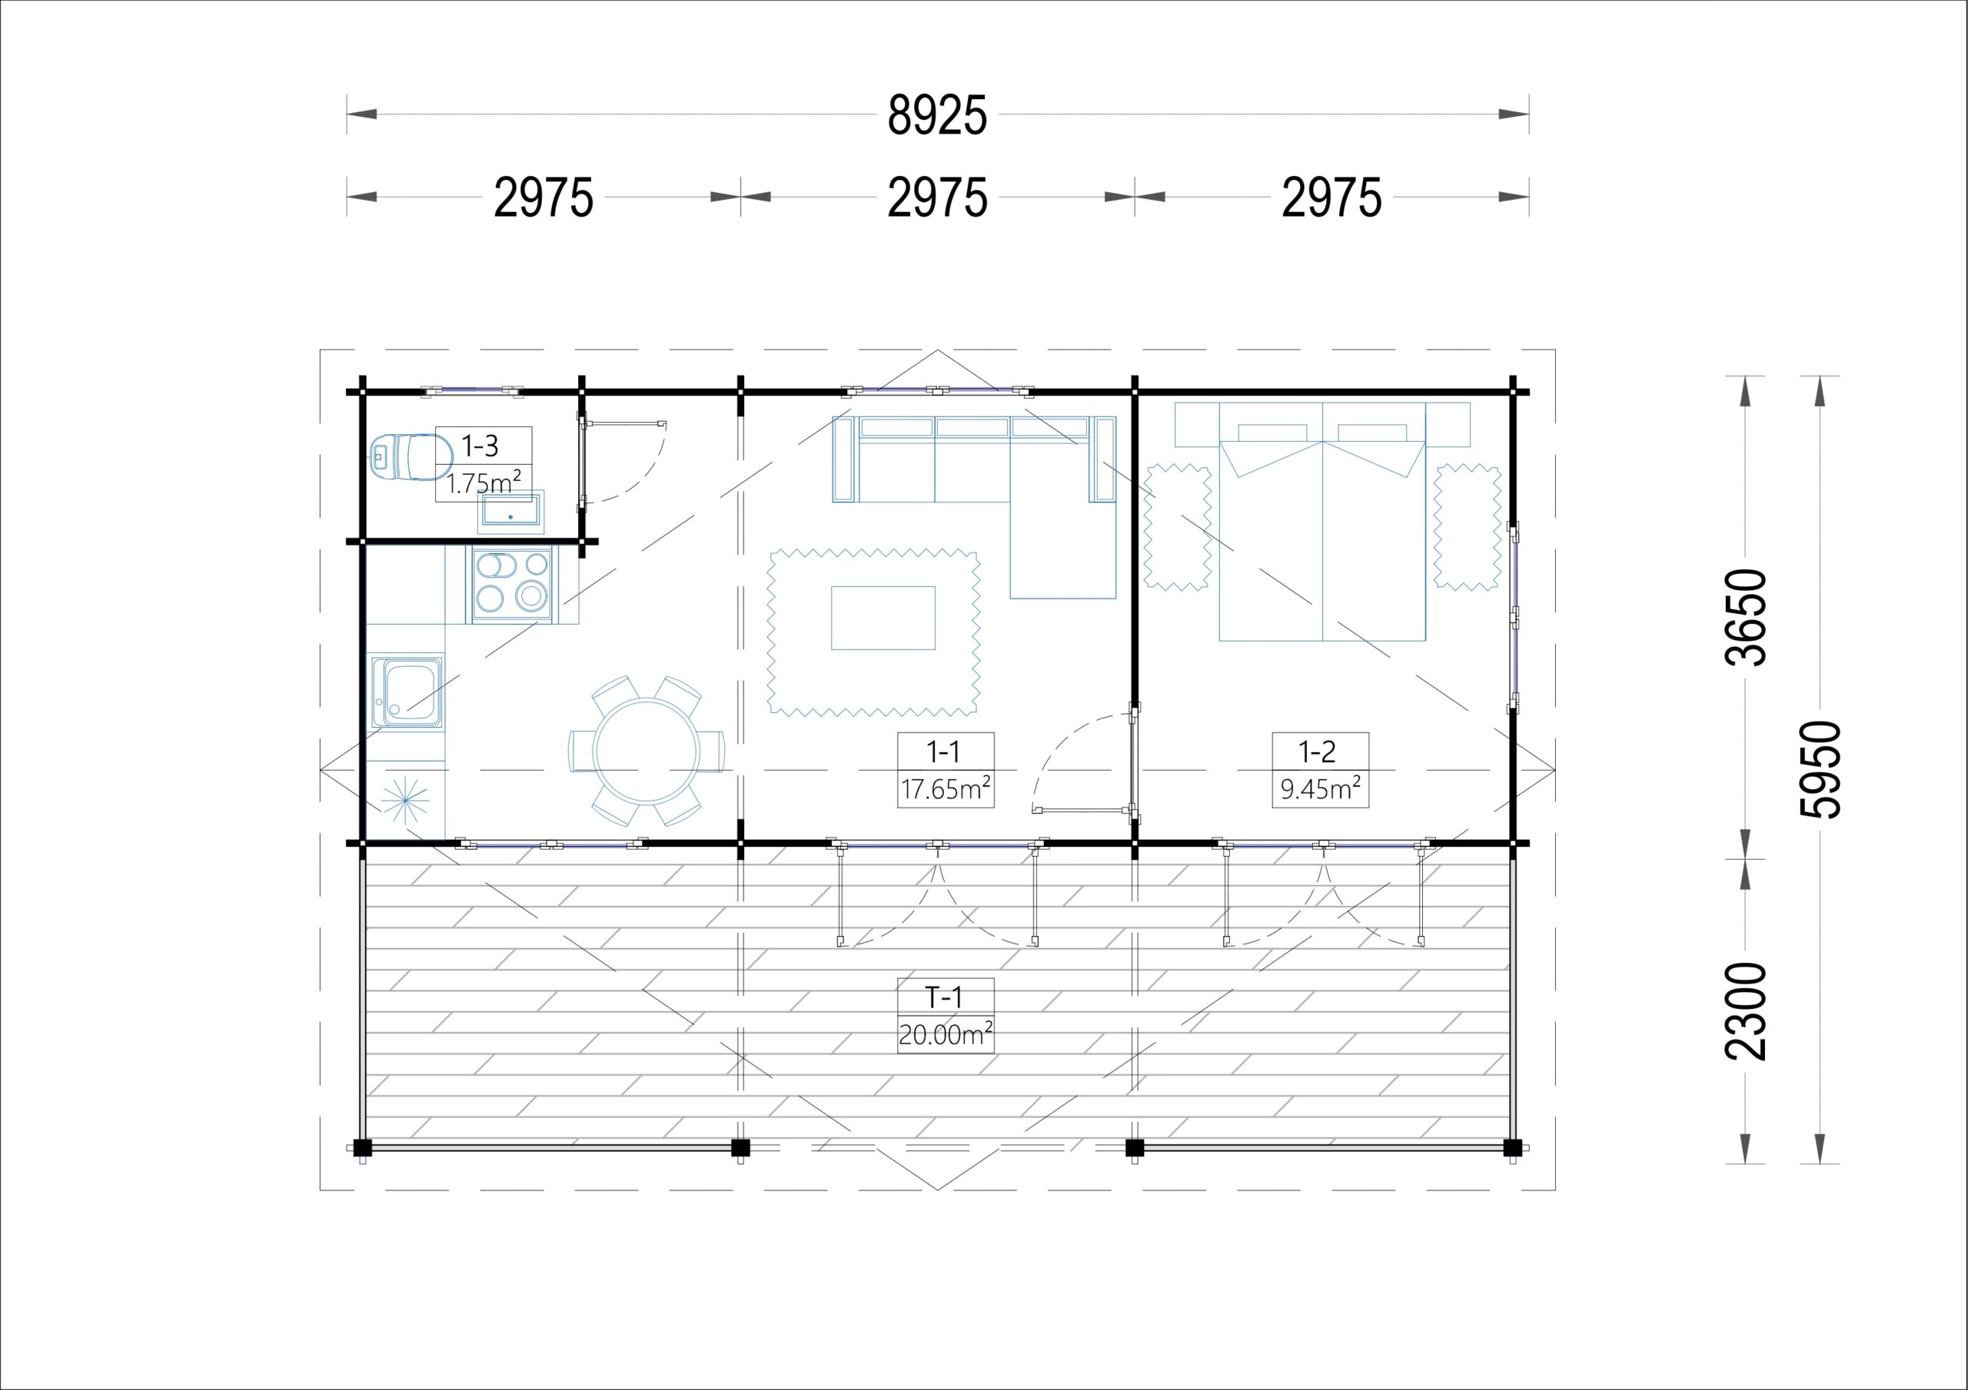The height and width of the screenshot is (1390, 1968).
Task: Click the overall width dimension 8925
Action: click(x=937, y=116)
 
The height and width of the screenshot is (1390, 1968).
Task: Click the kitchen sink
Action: click(x=407, y=692)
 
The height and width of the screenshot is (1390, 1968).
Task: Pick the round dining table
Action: click(x=647, y=751)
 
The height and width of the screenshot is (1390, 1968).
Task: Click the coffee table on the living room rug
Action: click(x=883, y=618)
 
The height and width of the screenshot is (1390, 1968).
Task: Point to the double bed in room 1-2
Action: click(x=1322, y=521)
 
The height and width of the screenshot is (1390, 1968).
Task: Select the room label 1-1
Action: click(x=942, y=752)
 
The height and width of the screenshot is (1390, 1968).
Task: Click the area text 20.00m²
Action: click(x=946, y=1034)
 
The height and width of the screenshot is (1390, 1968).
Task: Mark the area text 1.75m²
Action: click(x=484, y=483)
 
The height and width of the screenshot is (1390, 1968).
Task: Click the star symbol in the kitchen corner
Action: click(x=404, y=801)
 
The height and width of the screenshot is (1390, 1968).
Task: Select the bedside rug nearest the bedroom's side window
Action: click(x=1468, y=527)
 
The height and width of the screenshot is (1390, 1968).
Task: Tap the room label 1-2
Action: click(x=1318, y=752)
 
